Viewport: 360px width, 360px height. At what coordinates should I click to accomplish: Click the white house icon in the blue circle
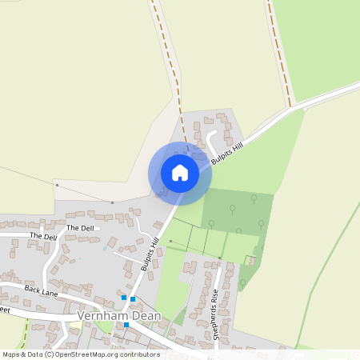click(x=180, y=173)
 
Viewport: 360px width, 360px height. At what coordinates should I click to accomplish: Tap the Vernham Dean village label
click(x=120, y=316)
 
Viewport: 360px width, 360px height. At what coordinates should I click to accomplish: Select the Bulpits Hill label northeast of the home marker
click(x=226, y=150)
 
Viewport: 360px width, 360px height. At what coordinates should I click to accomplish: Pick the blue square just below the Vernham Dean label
click(x=126, y=326)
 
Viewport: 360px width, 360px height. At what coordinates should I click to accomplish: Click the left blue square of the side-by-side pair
click(x=123, y=298)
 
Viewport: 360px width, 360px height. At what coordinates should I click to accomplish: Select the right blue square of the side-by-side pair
click(x=133, y=299)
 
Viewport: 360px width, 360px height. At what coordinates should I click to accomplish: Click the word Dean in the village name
click(x=146, y=316)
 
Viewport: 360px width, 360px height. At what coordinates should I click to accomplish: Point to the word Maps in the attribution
click(x=12, y=354)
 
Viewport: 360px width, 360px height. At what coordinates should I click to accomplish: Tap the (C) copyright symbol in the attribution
click(x=50, y=354)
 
